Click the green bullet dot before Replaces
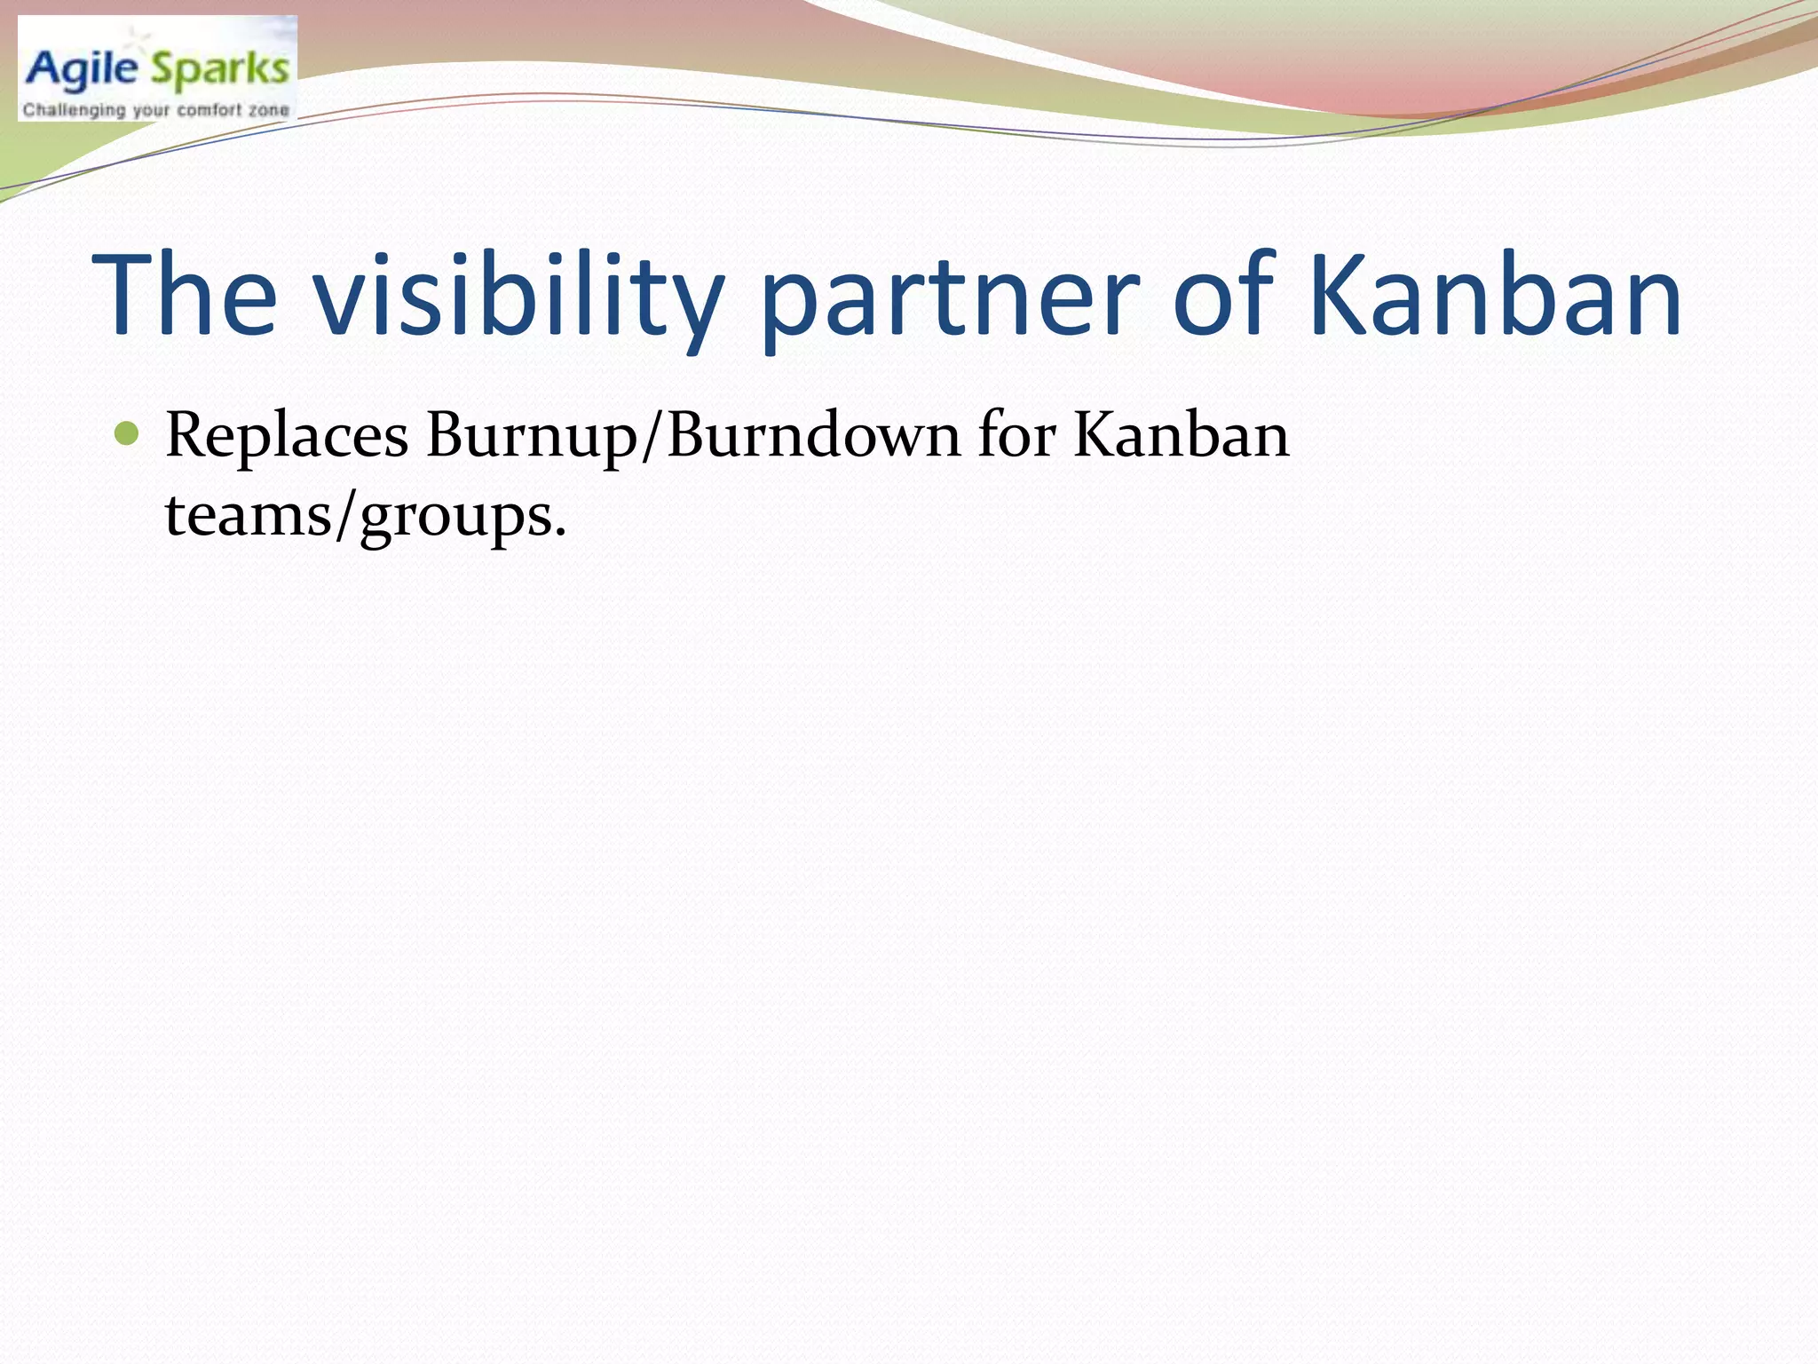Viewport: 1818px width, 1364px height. (127, 434)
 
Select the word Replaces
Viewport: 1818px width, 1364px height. (287, 436)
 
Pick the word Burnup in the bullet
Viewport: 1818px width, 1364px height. (531, 436)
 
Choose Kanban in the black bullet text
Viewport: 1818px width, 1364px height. (1181, 436)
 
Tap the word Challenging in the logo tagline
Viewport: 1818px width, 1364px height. (74, 111)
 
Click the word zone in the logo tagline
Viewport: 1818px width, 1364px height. (268, 111)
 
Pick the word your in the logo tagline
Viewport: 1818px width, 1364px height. (151, 111)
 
